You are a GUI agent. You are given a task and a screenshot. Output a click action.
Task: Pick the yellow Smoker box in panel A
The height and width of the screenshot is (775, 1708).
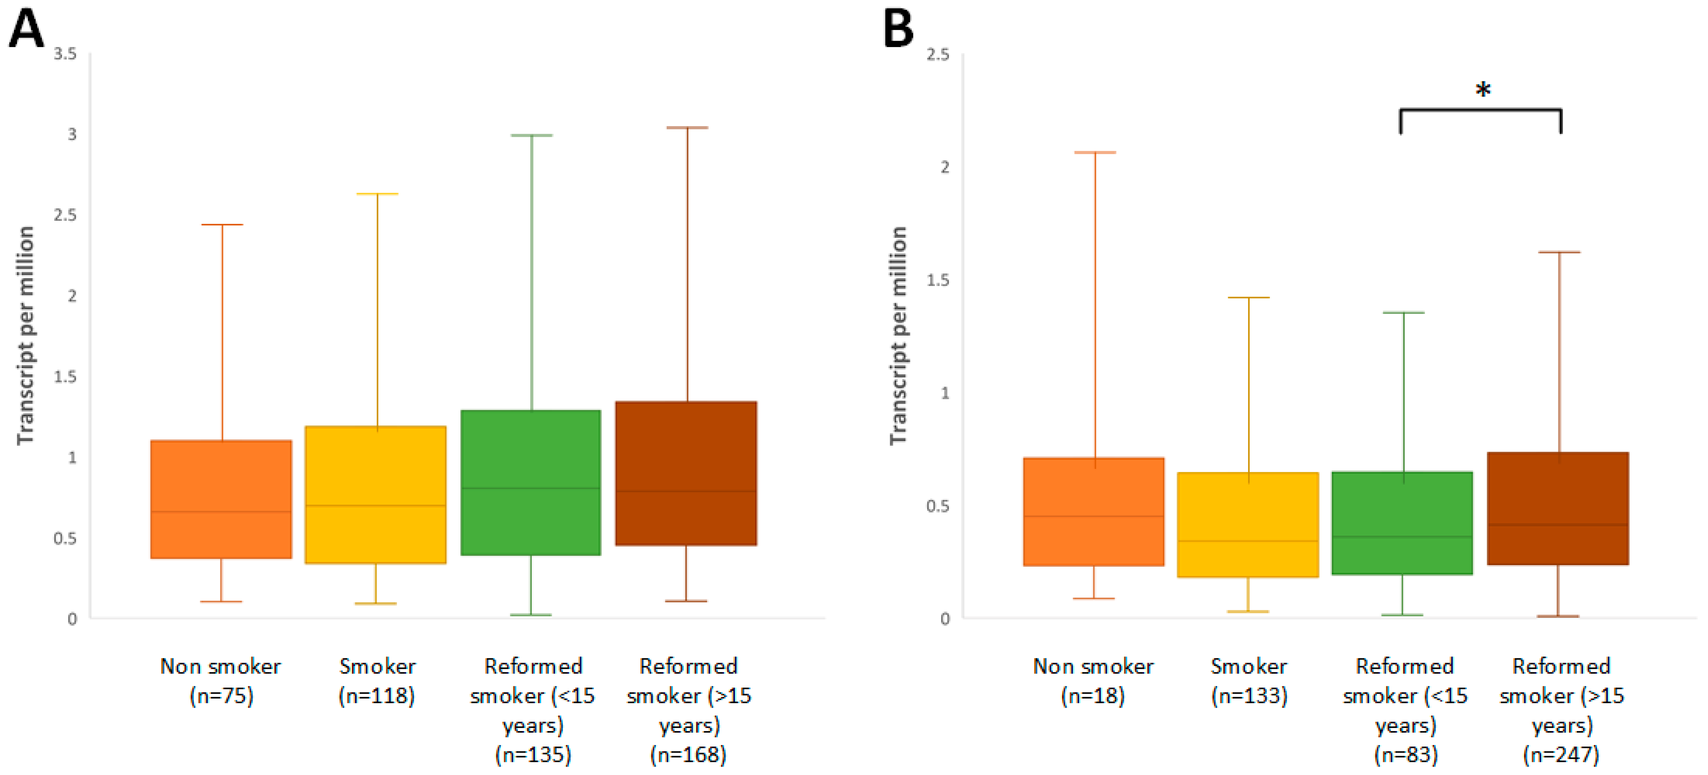[375, 494]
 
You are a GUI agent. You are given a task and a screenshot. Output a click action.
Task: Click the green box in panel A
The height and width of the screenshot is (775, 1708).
[531, 482]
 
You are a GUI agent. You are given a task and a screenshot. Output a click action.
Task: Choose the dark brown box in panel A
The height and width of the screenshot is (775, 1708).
[686, 473]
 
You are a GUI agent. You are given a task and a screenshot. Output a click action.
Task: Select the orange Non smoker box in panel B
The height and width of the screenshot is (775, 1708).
[1093, 511]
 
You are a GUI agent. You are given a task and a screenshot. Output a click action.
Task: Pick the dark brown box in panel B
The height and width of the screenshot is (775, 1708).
[1558, 508]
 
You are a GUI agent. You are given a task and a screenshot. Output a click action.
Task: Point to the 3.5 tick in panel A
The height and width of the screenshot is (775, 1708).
[65, 54]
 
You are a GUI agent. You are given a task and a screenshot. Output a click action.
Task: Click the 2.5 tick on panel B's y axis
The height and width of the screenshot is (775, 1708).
[938, 54]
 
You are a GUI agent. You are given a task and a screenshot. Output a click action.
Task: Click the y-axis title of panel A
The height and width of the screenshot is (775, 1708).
[25, 336]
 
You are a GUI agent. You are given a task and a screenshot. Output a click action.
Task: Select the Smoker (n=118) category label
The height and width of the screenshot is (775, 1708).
[377, 681]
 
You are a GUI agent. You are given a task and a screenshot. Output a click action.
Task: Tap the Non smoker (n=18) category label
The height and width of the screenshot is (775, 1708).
[1093, 681]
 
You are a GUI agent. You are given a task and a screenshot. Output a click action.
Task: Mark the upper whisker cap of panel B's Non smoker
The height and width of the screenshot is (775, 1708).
[1095, 152]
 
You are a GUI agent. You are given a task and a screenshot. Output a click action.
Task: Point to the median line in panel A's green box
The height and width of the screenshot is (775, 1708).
[531, 488]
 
